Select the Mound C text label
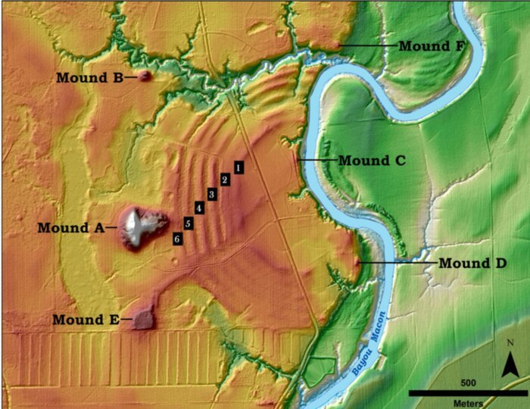373,161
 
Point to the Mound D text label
472,264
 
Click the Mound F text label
432,45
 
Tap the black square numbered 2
225,180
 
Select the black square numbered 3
212,195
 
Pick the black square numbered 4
199,208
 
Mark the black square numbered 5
187,223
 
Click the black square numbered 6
177,239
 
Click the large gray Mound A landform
136,226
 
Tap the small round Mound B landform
144,76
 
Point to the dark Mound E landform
142,319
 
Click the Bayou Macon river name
369,344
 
